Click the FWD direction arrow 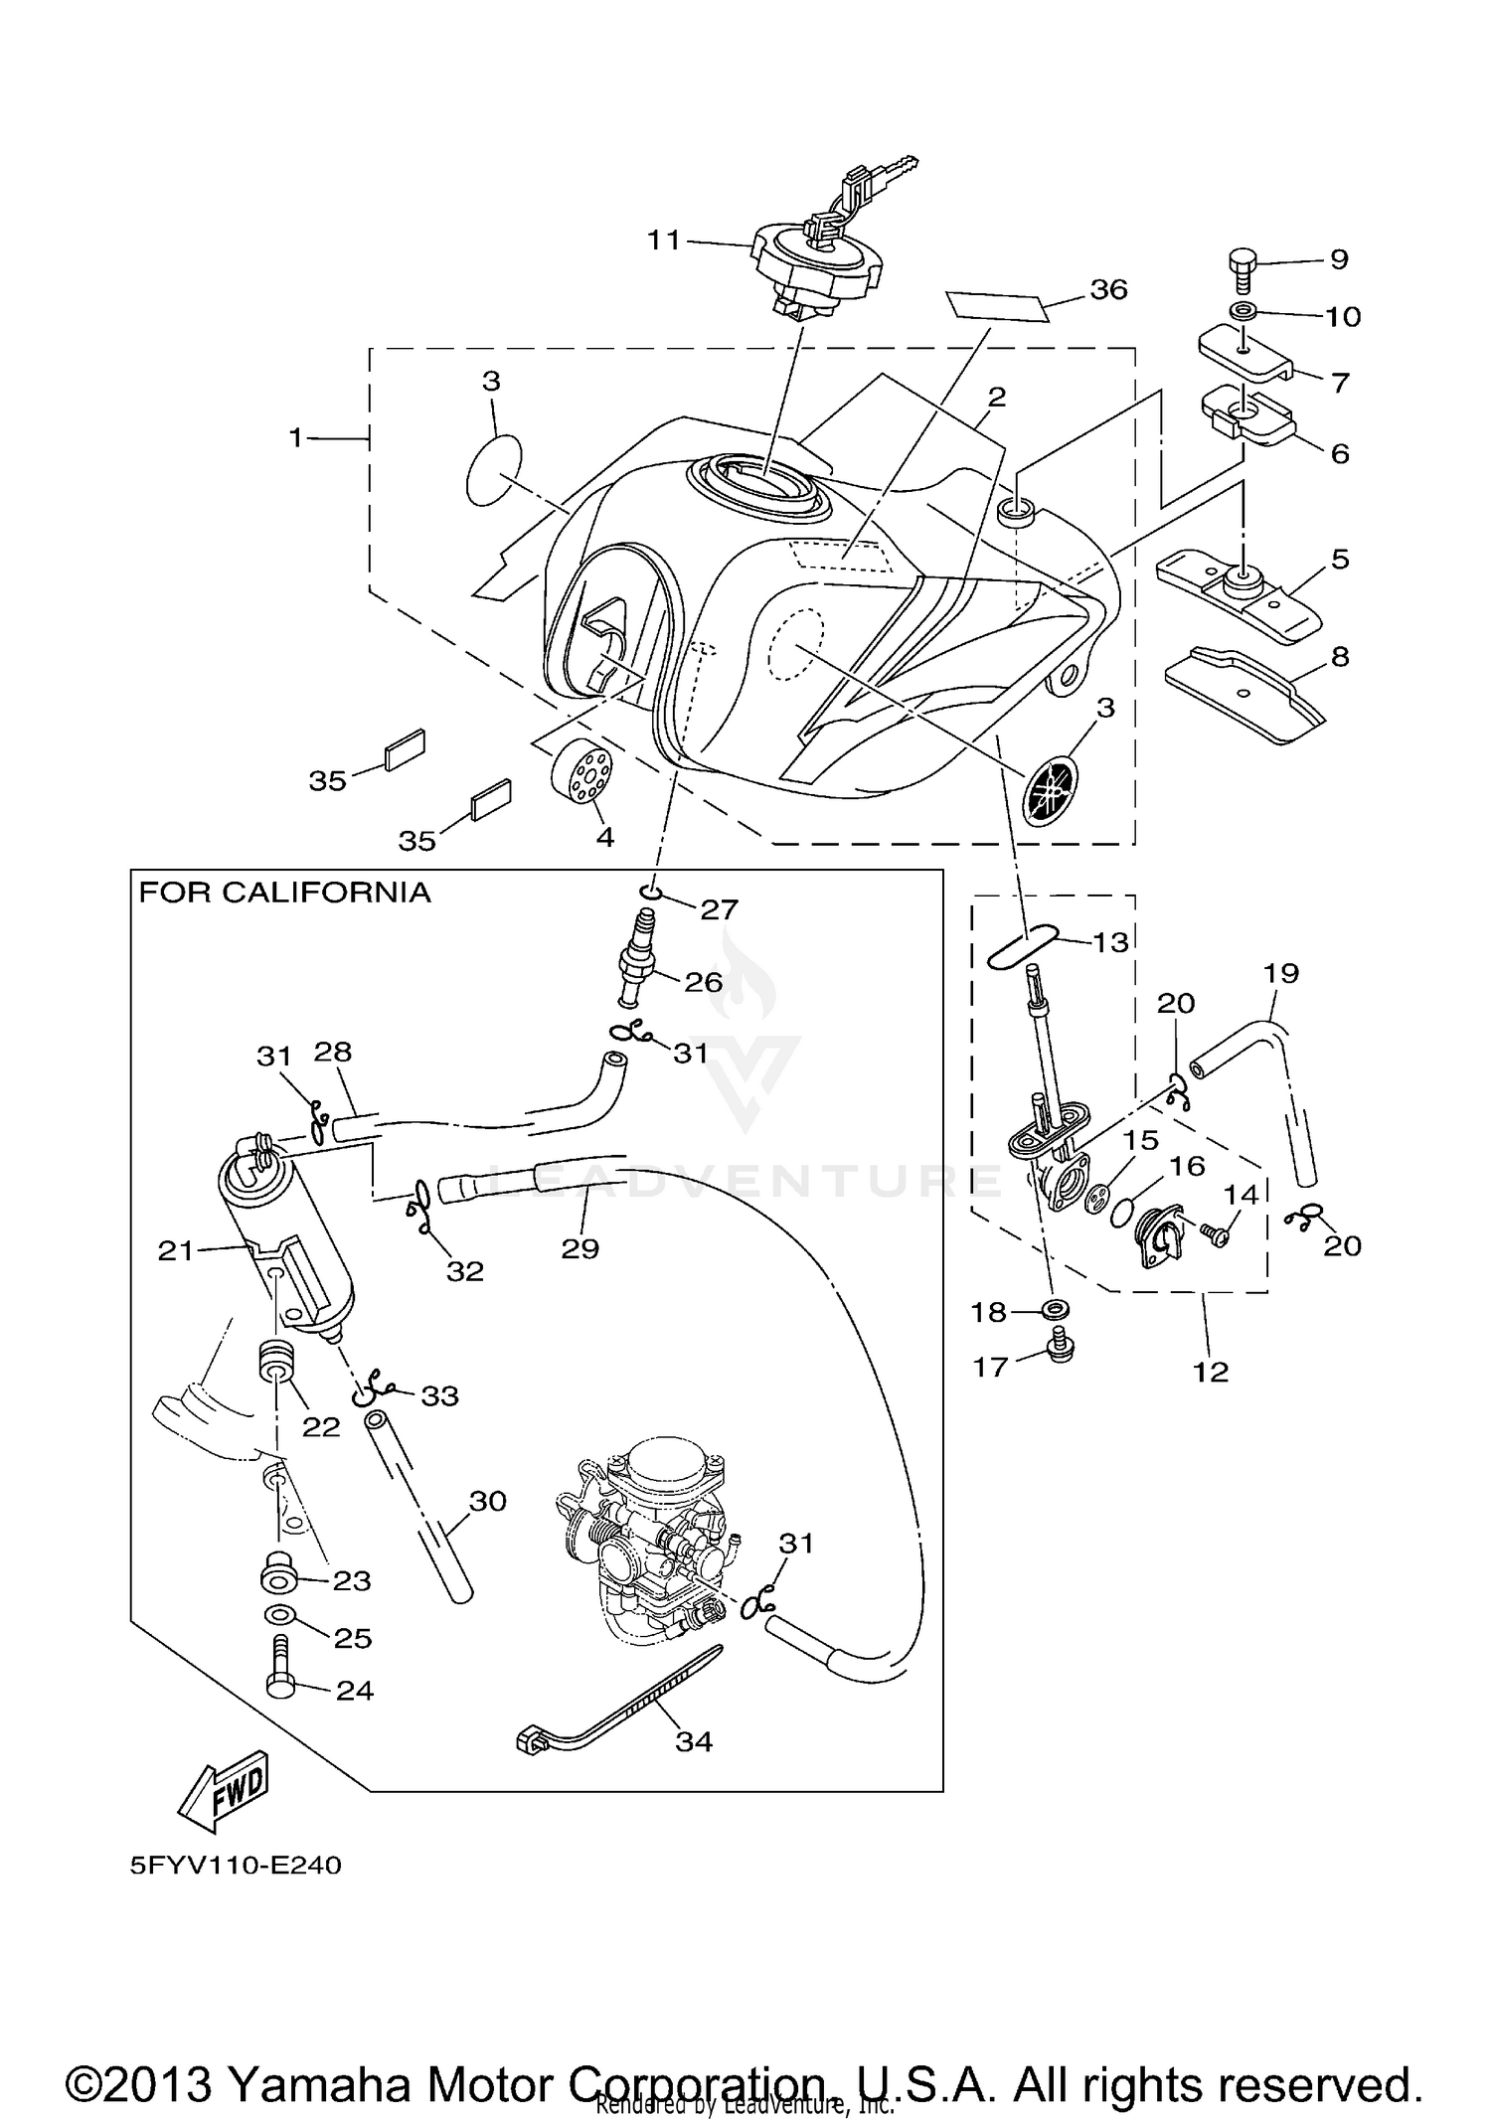click(224, 1789)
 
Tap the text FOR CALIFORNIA click(284, 893)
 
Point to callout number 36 click(1108, 289)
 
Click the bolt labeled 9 click(1242, 266)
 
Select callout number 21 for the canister click(175, 1250)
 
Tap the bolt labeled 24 click(279, 1677)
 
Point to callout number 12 click(1211, 1373)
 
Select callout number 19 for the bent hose click(1281, 973)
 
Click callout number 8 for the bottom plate click(1340, 657)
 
